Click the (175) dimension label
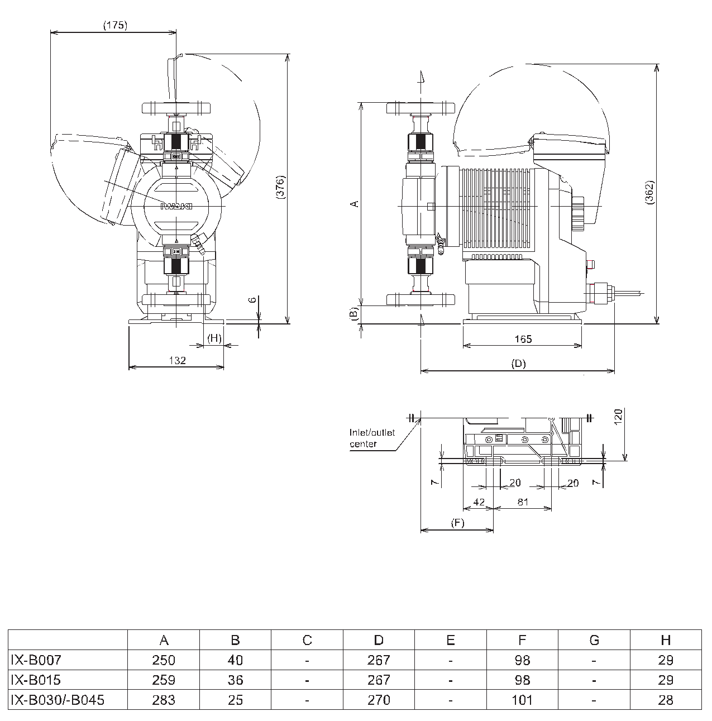[115, 25]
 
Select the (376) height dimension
[280, 187]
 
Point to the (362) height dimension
[649, 192]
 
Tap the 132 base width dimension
[178, 360]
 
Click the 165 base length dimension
[523, 339]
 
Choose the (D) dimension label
[519, 364]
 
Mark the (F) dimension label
[457, 523]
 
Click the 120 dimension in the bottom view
[618, 417]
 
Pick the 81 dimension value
[523, 502]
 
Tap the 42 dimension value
[479, 502]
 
